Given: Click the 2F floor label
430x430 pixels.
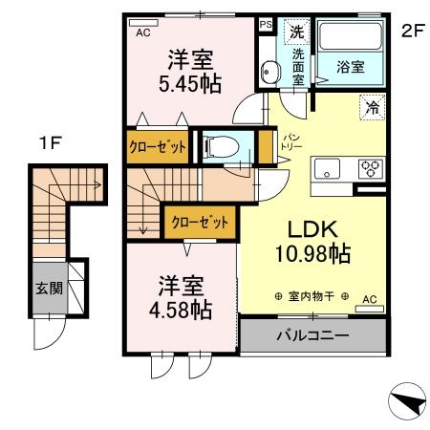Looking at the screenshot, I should pos(412,29).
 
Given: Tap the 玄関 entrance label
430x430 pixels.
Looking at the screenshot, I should pos(46,288).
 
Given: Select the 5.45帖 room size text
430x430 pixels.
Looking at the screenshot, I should pos(188,84).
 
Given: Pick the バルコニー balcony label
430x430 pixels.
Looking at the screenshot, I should pos(313,336).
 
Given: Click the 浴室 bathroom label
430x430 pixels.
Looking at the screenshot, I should pos(350,67).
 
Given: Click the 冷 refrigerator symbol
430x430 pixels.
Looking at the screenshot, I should pos(371,108).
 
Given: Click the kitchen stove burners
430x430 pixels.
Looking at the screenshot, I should pos(370,169).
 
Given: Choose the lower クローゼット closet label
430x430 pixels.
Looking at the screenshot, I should pos(200,223).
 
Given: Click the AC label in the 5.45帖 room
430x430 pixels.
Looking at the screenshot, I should pos(144,31).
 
